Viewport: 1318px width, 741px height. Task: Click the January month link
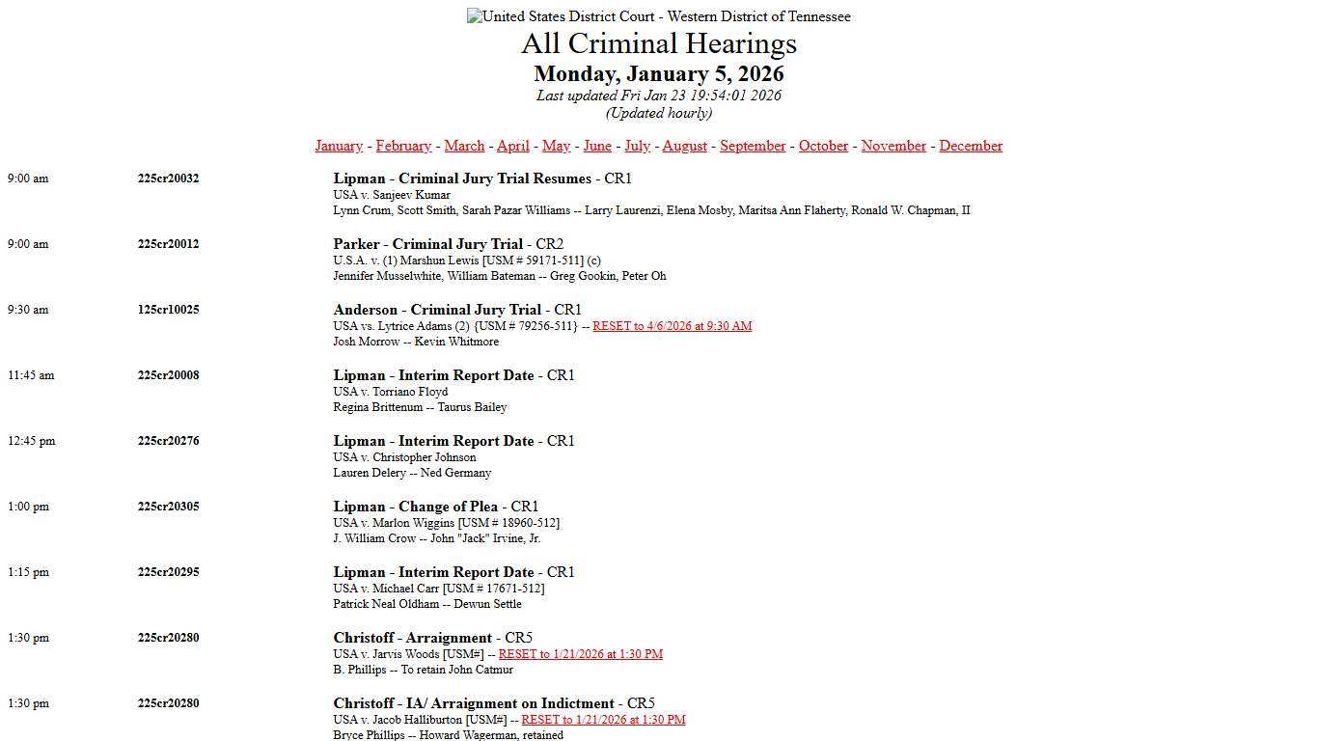coord(339,146)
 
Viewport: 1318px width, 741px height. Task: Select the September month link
coord(753,146)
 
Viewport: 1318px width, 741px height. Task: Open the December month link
coord(971,146)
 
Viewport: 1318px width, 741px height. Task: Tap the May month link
coord(556,146)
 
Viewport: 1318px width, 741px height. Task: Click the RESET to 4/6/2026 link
coord(672,326)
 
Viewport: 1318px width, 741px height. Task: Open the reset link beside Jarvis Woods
coord(580,654)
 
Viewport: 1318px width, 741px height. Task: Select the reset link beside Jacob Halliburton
coord(603,720)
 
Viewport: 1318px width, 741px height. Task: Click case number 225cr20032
coord(168,178)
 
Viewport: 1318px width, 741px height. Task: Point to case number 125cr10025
coord(168,310)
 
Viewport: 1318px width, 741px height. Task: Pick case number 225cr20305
coord(168,507)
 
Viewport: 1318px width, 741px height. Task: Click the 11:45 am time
coord(31,375)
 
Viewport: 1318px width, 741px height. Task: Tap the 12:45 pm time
coord(32,441)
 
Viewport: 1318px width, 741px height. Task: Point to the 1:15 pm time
coord(28,572)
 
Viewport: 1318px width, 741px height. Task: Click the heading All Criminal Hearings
coord(659,43)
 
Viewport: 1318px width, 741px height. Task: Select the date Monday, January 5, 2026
coord(659,74)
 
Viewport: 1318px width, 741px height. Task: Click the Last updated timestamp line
coord(659,96)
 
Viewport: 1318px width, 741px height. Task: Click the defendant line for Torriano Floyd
coord(391,392)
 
